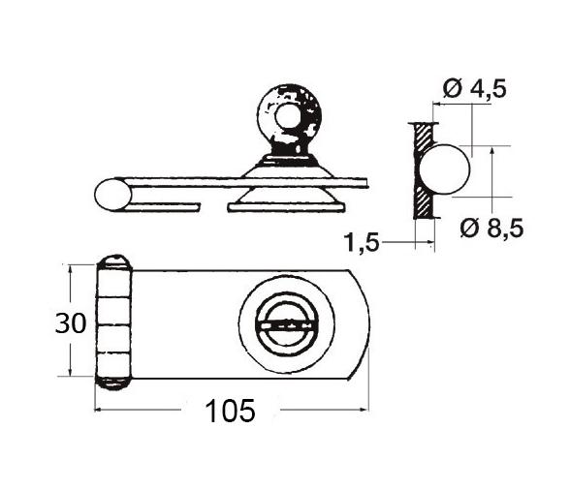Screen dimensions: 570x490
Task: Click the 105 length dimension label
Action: (x=230, y=411)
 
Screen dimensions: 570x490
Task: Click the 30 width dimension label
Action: (x=71, y=323)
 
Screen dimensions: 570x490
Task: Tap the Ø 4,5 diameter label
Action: (x=474, y=88)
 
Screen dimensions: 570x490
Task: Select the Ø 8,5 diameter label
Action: (x=491, y=228)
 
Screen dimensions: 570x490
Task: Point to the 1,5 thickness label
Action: (x=362, y=242)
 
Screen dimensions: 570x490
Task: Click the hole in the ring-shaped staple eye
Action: (x=288, y=117)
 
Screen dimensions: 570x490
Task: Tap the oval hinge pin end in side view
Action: (x=112, y=195)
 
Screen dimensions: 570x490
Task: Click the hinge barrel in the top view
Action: (x=113, y=322)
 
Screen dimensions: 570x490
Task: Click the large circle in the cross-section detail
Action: (x=445, y=169)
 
